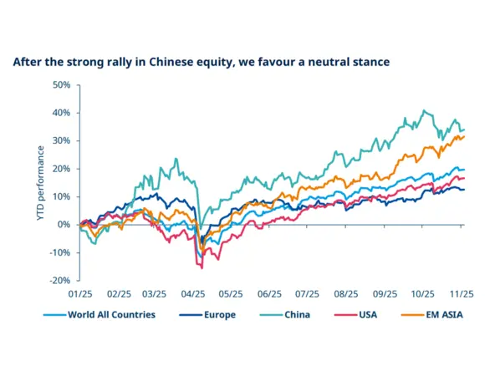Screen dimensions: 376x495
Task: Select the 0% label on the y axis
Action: pos(64,225)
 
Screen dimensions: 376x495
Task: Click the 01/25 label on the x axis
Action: pos(79,294)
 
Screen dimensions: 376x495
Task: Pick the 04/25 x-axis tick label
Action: pos(193,294)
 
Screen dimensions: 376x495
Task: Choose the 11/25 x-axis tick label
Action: pos(462,294)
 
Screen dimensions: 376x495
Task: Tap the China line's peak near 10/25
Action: pos(425,110)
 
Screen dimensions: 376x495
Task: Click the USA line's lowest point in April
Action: pos(202,267)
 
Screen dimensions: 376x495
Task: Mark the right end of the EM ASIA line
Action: pos(465,136)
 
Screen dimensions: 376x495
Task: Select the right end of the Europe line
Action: pos(465,190)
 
